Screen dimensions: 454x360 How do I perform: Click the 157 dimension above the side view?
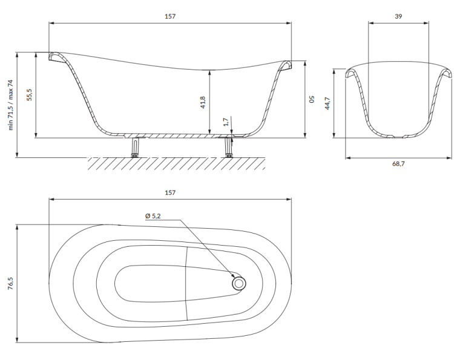click(170, 16)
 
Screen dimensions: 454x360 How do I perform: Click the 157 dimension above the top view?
click(170, 192)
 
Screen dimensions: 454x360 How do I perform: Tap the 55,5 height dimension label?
click(29, 94)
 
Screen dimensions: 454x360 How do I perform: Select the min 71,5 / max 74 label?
click(11, 105)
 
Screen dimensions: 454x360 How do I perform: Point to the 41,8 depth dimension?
click(203, 102)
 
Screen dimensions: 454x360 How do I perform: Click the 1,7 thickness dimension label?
click(226, 122)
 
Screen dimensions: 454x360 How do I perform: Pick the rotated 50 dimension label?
click(312, 99)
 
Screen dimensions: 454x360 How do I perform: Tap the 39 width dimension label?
click(398, 16)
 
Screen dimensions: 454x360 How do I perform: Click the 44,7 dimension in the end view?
click(327, 103)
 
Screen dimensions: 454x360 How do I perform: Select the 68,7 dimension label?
click(398, 164)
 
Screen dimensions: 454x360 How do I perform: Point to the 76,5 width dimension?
click(11, 284)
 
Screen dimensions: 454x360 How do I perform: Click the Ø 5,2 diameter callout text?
click(153, 216)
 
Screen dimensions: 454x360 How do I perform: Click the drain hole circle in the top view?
click(239, 284)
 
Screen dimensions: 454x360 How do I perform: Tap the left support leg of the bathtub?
click(135, 147)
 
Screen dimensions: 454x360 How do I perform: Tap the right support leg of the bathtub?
click(229, 147)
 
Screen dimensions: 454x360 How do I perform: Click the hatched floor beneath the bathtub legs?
click(177, 163)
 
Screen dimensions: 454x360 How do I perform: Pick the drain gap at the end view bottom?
click(398, 136)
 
